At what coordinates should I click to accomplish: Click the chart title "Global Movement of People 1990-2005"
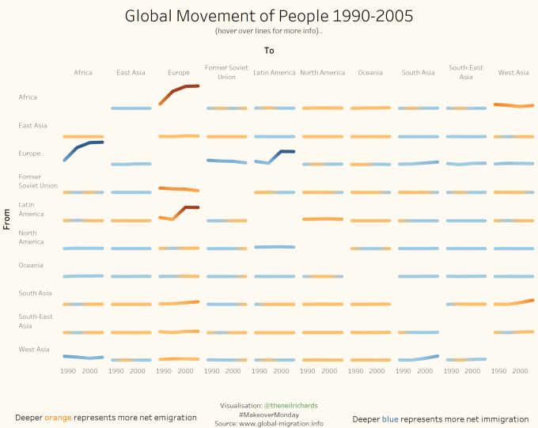[x=269, y=16]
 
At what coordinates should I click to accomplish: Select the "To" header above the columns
[x=269, y=51]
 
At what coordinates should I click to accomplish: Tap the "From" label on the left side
[x=6, y=218]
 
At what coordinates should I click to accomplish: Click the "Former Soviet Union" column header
[x=226, y=72]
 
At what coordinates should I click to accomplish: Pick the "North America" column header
[x=323, y=73]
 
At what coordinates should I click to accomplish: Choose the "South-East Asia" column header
[x=466, y=72]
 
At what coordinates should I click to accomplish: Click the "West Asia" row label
[x=34, y=349]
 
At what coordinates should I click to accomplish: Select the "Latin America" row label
[x=32, y=209]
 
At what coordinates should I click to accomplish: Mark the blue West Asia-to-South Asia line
[x=419, y=359]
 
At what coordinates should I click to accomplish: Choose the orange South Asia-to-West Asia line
[x=514, y=303]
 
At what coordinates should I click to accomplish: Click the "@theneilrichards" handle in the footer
[x=290, y=405]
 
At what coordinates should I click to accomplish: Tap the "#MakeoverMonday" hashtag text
[x=269, y=415]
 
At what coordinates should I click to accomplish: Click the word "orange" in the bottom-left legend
[x=59, y=419]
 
